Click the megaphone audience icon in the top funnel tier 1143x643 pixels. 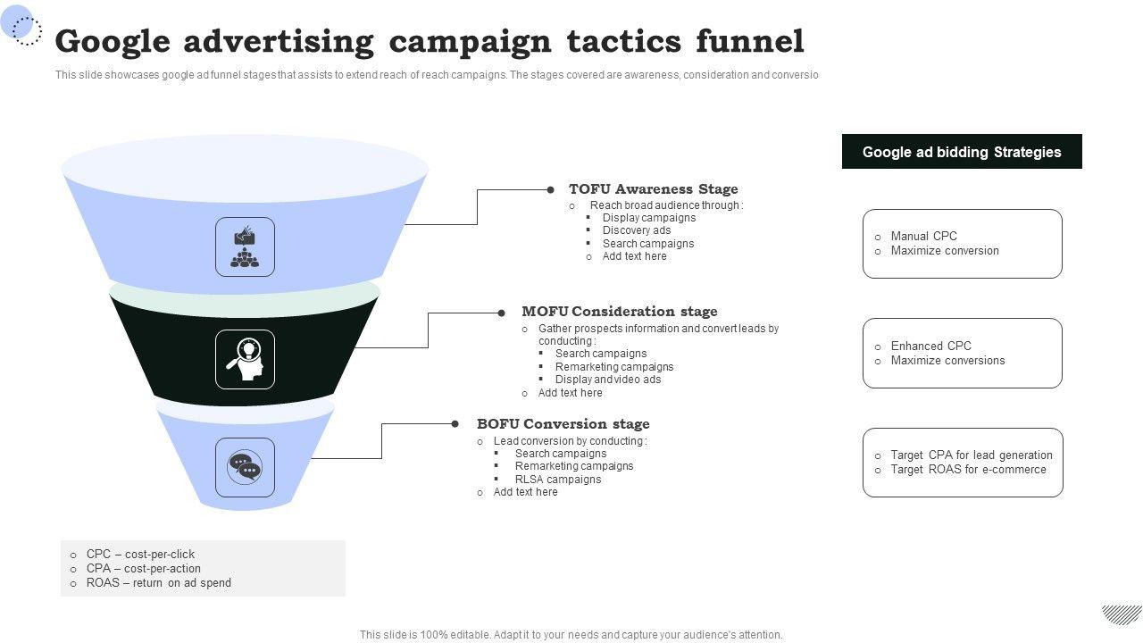[x=245, y=247]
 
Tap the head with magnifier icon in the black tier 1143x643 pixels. [x=245, y=359]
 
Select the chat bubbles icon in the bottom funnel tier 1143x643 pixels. [x=245, y=467]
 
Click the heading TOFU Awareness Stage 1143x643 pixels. [x=653, y=189]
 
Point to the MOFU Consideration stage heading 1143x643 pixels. [x=619, y=312]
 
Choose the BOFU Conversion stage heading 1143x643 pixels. [x=563, y=424]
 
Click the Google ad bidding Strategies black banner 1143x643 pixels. [x=962, y=152]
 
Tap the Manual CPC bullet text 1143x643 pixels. [x=923, y=237]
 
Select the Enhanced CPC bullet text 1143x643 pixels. [x=930, y=347]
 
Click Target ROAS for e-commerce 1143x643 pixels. [x=968, y=470]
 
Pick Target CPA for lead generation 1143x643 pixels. [x=972, y=455]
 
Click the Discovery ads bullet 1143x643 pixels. [x=636, y=230]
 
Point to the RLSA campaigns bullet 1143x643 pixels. [x=558, y=480]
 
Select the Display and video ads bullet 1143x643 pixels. [x=608, y=380]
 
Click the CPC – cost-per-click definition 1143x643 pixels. [x=140, y=555]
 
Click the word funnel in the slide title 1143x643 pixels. [x=749, y=42]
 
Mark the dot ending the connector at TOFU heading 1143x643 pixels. [x=551, y=189]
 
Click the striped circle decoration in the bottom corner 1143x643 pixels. [x=1122, y=614]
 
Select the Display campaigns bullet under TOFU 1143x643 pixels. [x=648, y=218]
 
